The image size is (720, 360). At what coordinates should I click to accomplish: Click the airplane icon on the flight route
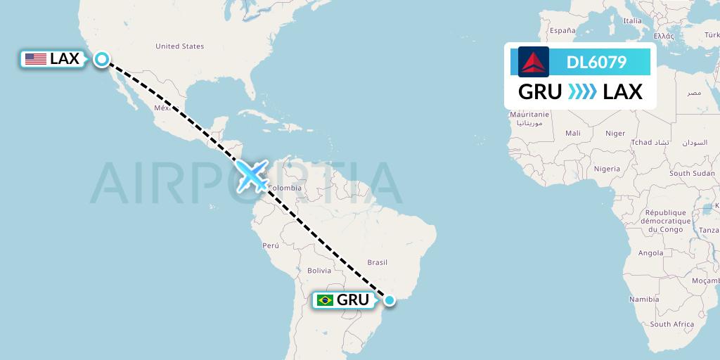252,175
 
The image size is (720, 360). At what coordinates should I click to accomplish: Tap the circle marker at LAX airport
102,60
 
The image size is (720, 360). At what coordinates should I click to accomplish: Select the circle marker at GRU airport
390,300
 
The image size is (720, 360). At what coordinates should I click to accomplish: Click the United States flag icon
35,60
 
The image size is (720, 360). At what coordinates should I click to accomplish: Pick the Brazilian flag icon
325,300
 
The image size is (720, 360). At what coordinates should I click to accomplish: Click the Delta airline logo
534,62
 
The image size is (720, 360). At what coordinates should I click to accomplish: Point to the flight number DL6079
596,63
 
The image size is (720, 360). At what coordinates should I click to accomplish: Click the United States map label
179,46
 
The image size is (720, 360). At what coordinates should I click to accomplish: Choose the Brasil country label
378,262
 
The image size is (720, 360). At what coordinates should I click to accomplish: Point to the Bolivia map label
319,271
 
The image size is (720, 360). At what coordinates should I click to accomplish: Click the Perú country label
271,245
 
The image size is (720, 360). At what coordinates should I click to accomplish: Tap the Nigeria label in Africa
607,169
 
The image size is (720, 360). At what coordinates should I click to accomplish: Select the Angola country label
650,253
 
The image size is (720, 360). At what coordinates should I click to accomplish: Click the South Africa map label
671,324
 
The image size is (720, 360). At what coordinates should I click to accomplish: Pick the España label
562,31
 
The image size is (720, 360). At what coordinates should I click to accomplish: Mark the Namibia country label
644,300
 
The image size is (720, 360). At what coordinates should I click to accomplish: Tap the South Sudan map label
692,173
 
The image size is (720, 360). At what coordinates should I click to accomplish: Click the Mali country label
572,133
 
